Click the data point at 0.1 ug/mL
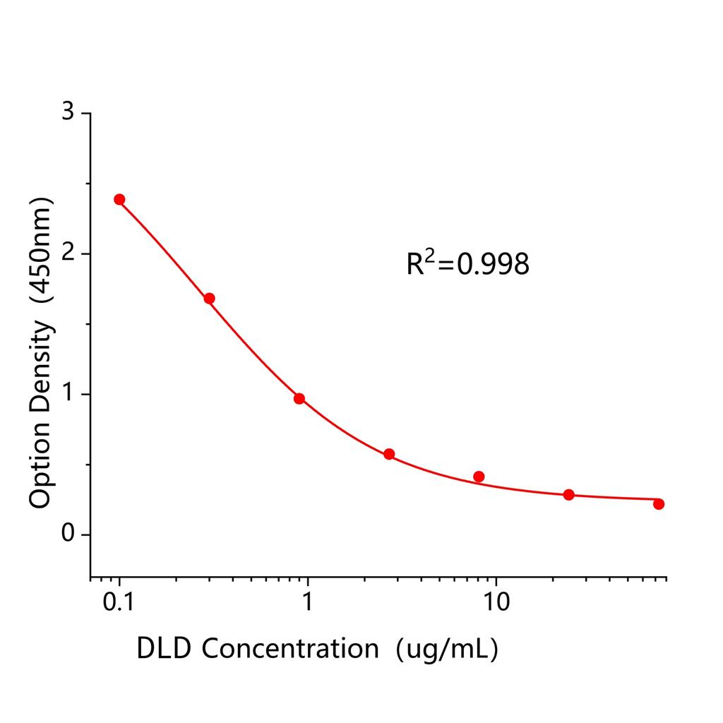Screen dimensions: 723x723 point(119,199)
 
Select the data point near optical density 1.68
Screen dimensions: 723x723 point(209,298)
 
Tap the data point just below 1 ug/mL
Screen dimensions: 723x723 point(299,398)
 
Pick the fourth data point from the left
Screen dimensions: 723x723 point(389,454)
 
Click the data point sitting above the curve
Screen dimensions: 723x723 point(479,477)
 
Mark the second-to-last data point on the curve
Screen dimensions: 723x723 point(568,494)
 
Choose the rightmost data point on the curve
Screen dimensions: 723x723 point(659,503)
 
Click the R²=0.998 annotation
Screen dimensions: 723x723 point(467,264)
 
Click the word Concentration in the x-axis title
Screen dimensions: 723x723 point(291,648)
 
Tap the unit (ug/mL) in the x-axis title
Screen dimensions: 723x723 point(447,649)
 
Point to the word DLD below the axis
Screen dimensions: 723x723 point(165,648)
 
